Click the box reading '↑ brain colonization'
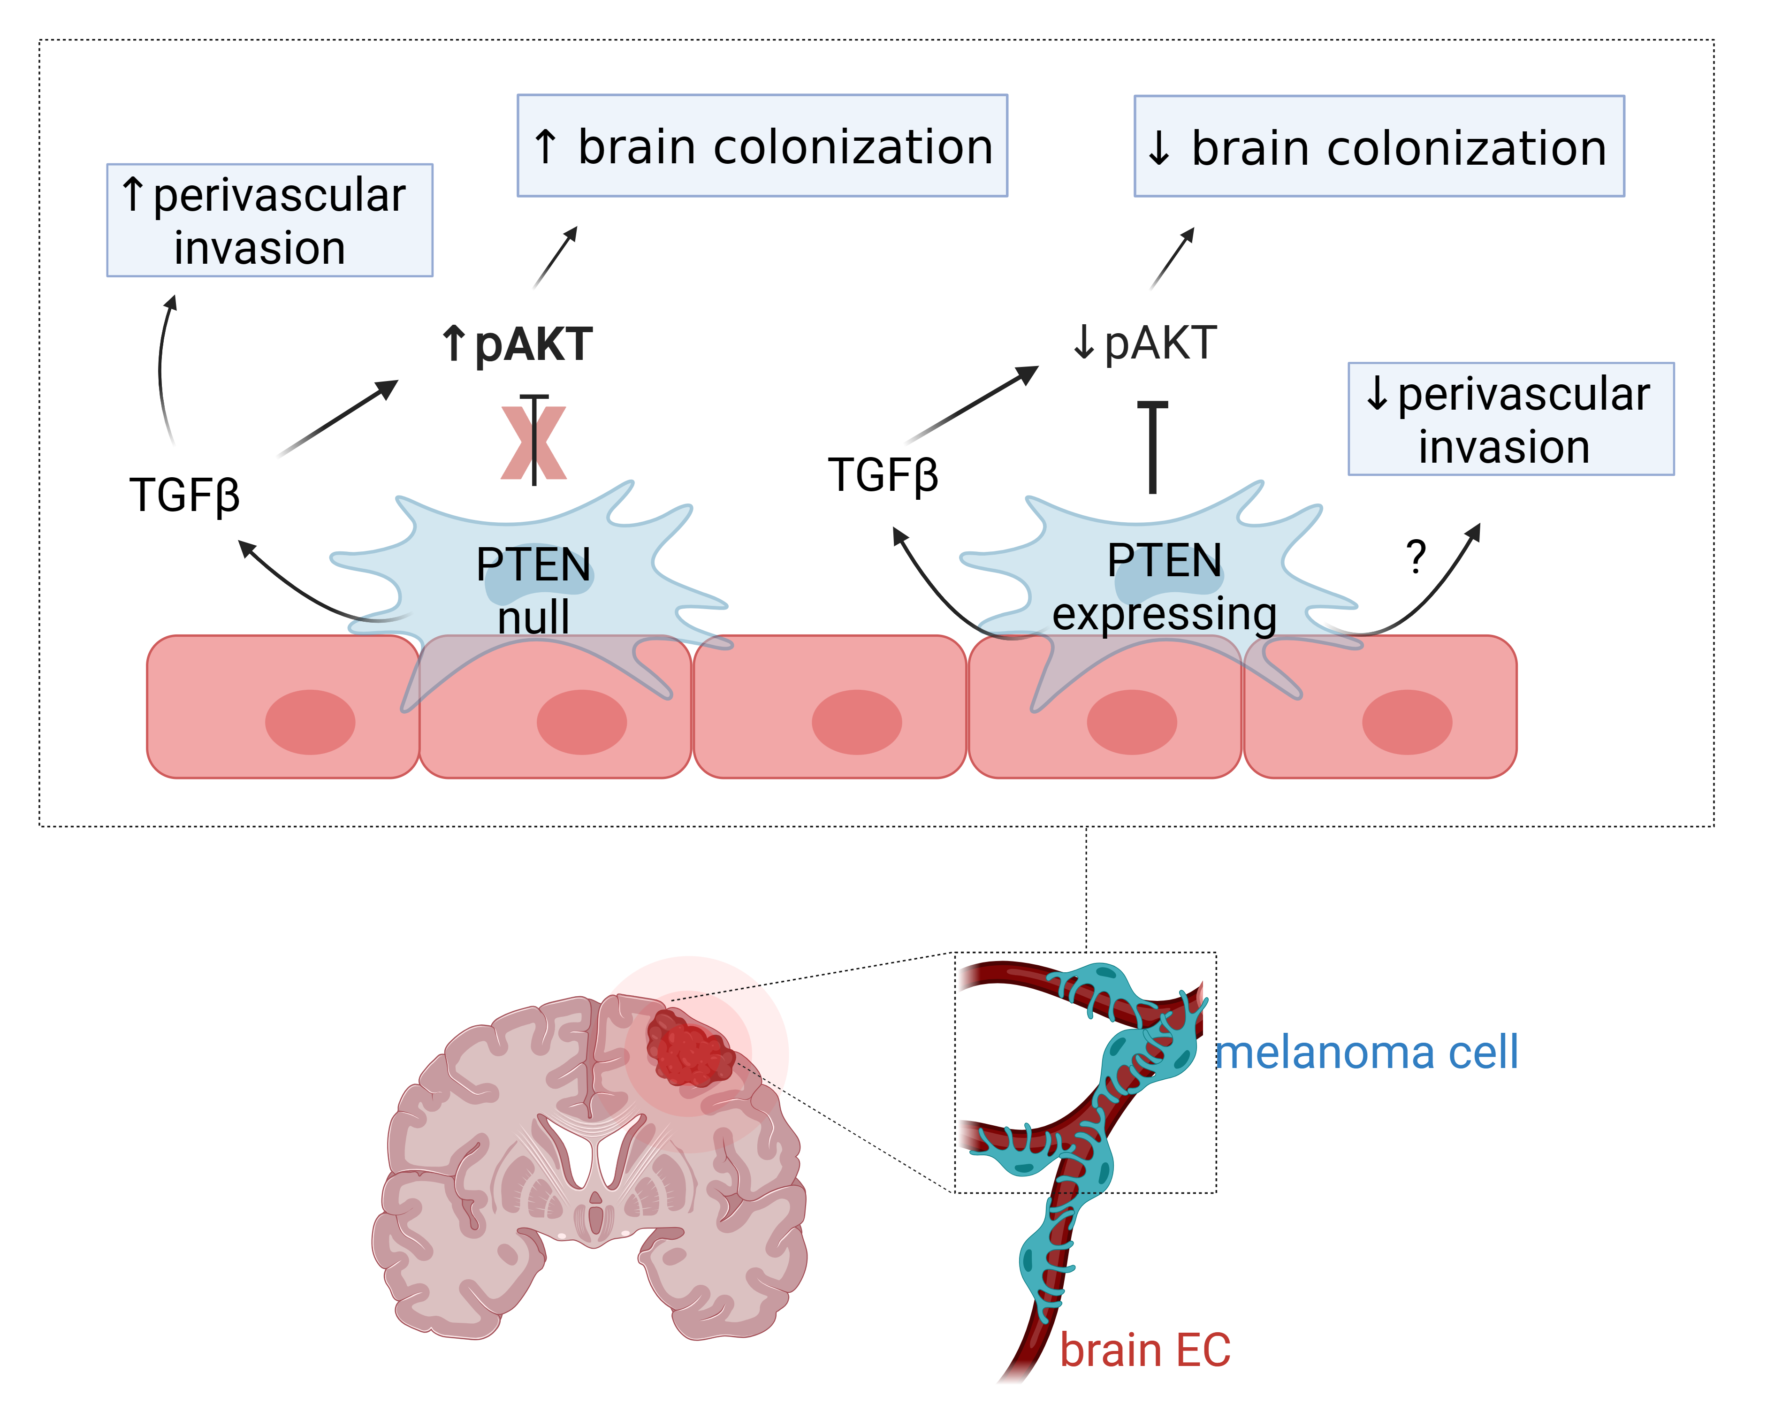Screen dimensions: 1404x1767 click(x=762, y=146)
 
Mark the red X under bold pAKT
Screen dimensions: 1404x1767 click(x=533, y=443)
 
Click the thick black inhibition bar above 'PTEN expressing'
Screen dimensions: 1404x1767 click(x=1152, y=447)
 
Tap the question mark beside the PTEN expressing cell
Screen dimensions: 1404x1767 click(x=1416, y=557)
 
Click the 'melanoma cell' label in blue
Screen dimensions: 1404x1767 click(x=1366, y=1053)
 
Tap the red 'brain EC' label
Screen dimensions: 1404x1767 click(x=1145, y=1350)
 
